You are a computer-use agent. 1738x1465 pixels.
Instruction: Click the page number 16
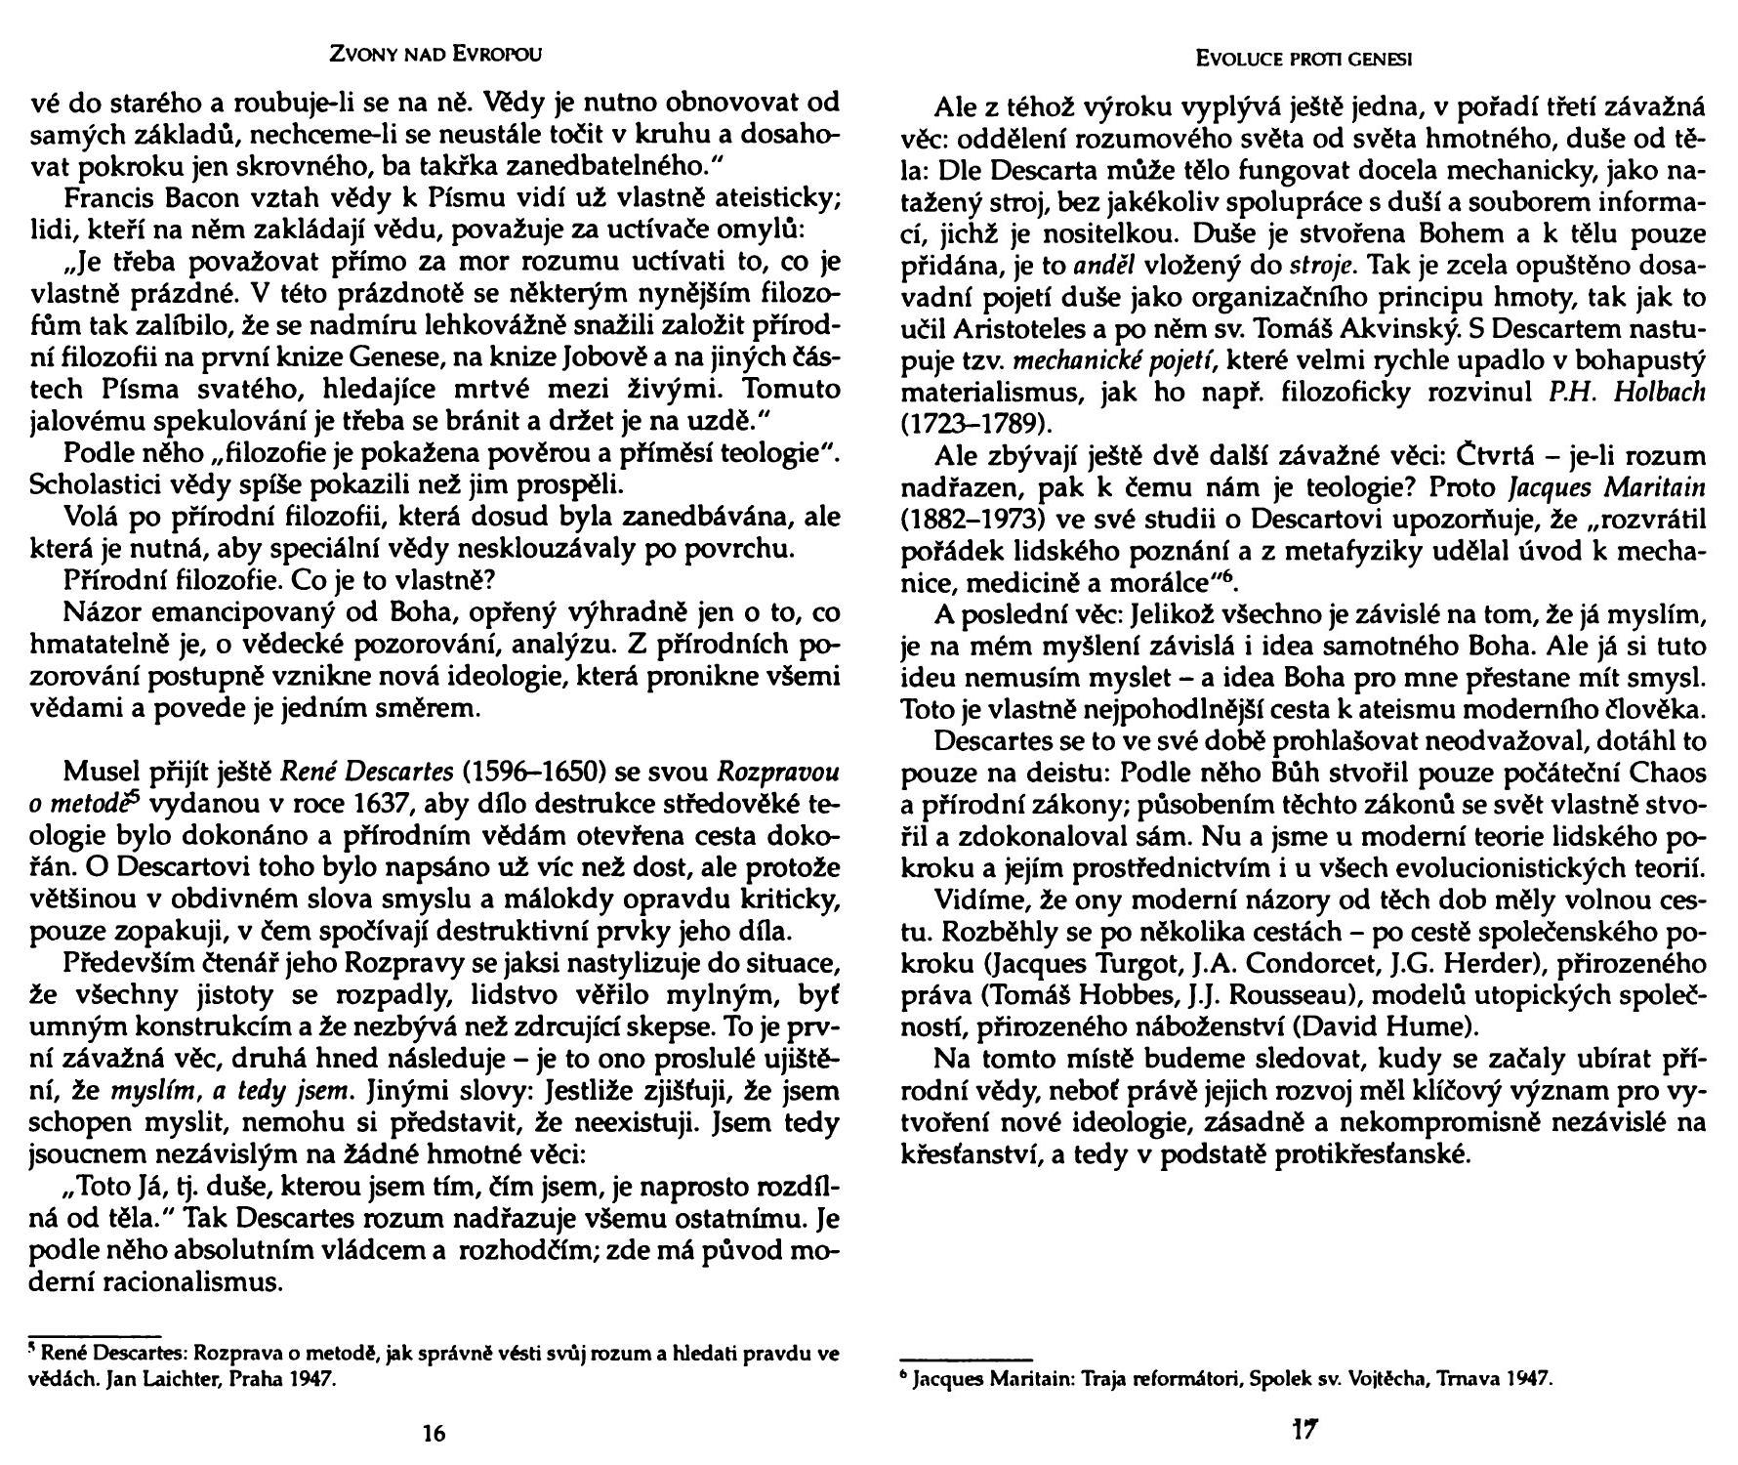[x=434, y=1433]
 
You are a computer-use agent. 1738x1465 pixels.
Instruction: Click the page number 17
[x=1304, y=1431]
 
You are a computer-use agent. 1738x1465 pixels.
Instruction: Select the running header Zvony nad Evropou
[x=434, y=56]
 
